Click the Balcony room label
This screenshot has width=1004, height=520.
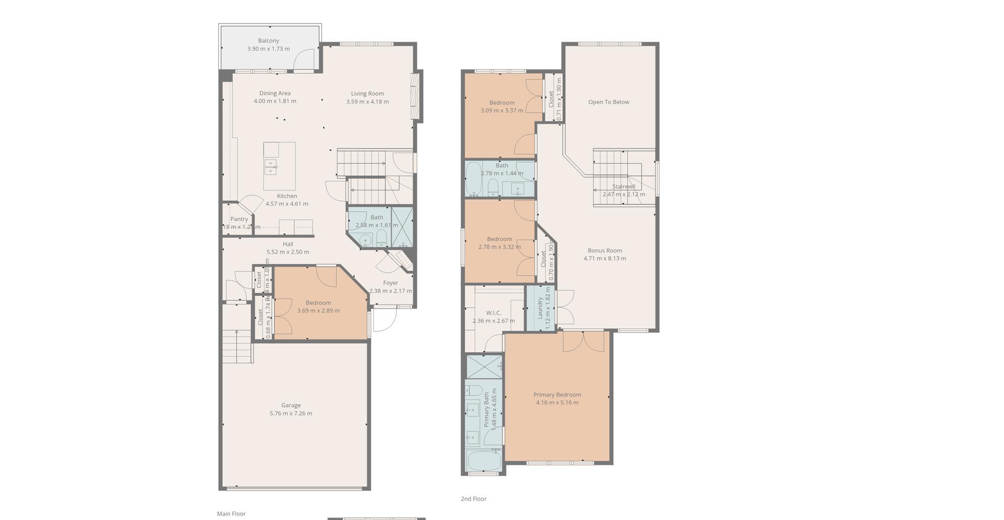pos(268,41)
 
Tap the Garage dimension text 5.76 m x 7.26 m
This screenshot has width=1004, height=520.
pos(290,413)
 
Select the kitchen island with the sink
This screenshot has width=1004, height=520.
pos(279,166)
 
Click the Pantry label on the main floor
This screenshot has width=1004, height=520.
pos(239,219)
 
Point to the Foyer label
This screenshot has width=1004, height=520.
pos(390,283)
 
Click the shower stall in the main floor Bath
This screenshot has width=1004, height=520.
pos(402,226)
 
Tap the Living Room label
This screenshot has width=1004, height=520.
pos(367,93)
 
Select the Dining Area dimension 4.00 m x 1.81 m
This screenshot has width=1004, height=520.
pos(275,101)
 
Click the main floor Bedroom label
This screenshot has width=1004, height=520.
pos(318,303)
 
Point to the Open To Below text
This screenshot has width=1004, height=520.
pos(608,102)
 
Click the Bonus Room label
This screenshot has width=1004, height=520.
pos(604,250)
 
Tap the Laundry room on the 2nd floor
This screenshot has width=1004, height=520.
pos(540,307)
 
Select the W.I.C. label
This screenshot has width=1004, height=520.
pos(493,313)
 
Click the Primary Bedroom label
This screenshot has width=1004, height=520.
pos(557,395)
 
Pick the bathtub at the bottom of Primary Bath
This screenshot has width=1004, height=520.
pos(484,461)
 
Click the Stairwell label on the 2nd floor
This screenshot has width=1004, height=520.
pos(624,187)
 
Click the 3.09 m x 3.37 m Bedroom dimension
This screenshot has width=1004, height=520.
pos(502,111)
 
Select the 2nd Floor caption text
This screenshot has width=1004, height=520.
pos(473,498)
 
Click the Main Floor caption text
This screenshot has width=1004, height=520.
pos(231,513)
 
